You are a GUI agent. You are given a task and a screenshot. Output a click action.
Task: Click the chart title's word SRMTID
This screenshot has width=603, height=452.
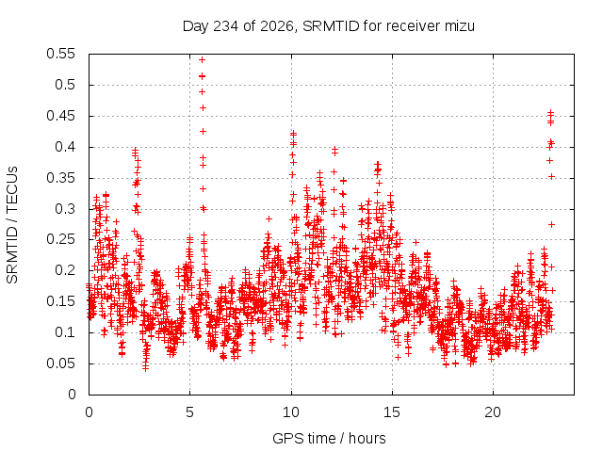click(331, 26)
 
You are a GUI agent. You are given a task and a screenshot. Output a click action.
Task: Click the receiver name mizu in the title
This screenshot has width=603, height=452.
click(460, 26)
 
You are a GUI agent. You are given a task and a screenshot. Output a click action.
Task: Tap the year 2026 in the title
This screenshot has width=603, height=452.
click(277, 26)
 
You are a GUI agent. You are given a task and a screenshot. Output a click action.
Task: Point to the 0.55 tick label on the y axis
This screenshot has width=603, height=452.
click(60, 54)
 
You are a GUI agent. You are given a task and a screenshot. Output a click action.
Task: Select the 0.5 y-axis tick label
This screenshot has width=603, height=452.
click(65, 85)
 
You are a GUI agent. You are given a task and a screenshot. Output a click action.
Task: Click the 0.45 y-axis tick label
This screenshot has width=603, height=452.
click(60, 116)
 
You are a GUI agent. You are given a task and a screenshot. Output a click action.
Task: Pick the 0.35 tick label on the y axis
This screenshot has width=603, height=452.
click(60, 178)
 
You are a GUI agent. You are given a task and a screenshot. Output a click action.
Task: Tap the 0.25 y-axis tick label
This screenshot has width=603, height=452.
click(60, 240)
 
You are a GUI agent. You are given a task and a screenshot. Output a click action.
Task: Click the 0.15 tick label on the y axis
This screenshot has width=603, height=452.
click(60, 301)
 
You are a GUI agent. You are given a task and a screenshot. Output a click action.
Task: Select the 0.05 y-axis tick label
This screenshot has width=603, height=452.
click(60, 363)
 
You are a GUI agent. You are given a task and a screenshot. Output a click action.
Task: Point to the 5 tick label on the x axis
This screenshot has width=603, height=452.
click(189, 412)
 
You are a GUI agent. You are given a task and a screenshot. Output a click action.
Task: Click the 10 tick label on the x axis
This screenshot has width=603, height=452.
click(291, 412)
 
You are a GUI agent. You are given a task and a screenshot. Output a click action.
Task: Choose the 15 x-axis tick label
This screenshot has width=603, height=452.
click(392, 412)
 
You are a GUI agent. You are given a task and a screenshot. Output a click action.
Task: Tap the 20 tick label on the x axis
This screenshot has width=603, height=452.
click(493, 412)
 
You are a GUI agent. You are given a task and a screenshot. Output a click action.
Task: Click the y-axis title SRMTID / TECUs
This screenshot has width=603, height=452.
click(12, 225)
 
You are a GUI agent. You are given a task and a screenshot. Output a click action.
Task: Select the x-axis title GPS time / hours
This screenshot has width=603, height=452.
click(329, 439)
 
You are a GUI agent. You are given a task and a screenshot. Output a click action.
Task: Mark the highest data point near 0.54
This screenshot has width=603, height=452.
click(202, 59)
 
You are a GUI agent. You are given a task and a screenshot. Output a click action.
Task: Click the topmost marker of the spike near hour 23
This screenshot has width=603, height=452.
click(550, 112)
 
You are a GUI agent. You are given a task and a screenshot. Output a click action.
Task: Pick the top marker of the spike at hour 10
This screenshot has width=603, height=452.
click(293, 134)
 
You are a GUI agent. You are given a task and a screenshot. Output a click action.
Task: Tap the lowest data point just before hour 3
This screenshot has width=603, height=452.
click(145, 368)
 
